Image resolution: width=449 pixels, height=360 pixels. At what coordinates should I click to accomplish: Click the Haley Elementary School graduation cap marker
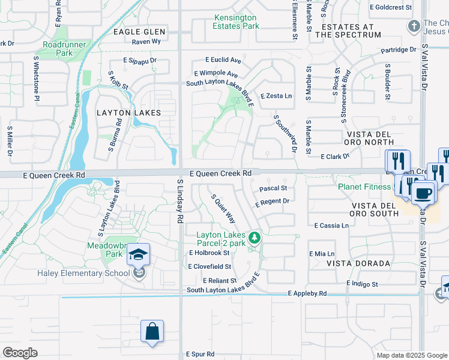click(x=139, y=255)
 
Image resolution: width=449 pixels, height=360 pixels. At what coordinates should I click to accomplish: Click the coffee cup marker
click(x=424, y=193)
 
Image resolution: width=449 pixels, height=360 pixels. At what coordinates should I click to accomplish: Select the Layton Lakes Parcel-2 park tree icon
click(x=255, y=238)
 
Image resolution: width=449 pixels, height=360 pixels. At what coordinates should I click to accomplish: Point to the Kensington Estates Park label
click(x=236, y=22)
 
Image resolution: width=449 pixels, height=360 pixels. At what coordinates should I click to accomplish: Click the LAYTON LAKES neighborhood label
click(x=128, y=112)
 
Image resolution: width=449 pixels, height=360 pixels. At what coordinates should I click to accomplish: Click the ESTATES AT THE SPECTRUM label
click(x=351, y=31)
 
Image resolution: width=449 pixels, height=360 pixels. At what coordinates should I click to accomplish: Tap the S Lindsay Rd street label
click(x=180, y=201)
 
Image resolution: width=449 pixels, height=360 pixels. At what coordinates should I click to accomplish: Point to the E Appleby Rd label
click(x=307, y=293)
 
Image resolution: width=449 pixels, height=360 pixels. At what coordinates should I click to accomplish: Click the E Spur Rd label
click(x=199, y=354)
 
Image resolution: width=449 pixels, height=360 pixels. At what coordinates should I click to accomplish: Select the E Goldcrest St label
click(x=391, y=7)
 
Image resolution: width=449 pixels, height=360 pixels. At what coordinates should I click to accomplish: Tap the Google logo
click(x=20, y=353)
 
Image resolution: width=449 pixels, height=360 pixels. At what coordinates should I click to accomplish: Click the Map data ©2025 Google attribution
click(x=411, y=355)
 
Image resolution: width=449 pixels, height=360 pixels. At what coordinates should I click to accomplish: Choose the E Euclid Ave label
click(x=223, y=60)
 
